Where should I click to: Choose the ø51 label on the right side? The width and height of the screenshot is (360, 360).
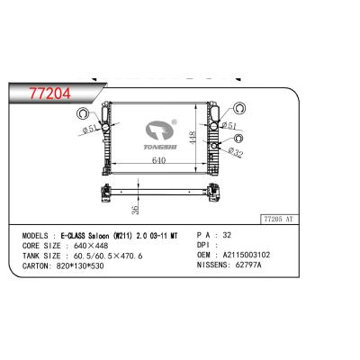click(229, 128)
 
